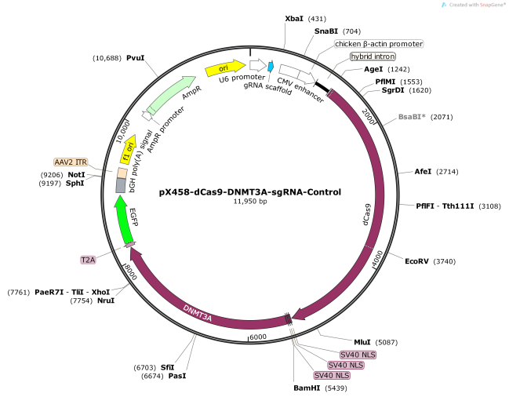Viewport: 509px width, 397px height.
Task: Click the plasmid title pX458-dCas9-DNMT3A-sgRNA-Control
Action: coord(250,191)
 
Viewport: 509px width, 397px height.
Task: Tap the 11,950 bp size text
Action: coord(250,202)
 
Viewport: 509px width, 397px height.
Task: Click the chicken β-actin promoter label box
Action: coord(379,44)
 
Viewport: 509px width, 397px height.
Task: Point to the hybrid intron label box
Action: coord(373,56)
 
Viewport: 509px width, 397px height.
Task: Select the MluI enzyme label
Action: coord(362,342)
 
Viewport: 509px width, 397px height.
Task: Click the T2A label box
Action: coord(89,259)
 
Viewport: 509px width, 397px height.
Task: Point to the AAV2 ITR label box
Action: coord(71,162)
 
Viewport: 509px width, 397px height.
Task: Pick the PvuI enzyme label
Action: coord(136,58)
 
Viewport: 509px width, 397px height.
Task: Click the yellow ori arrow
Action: coord(225,68)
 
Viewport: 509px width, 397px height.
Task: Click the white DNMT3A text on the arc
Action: coord(198,316)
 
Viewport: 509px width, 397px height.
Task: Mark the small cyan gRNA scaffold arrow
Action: coord(271,67)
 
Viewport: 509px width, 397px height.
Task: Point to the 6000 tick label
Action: coord(258,337)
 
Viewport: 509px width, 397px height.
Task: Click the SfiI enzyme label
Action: coord(167,366)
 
